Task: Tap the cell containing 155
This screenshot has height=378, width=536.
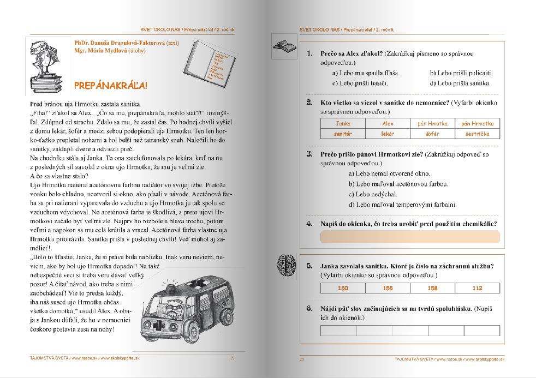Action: (388, 288)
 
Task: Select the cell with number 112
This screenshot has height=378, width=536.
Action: (477, 288)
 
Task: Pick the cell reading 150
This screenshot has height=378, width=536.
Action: (343, 288)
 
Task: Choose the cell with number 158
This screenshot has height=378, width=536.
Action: (432, 288)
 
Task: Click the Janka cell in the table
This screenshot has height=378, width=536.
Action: (343, 124)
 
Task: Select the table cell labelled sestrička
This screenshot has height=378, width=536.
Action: (477, 133)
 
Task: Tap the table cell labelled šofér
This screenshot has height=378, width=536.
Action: (432, 133)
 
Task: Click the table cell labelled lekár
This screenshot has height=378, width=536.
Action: (388, 133)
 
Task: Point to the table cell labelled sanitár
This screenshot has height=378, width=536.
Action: (343, 133)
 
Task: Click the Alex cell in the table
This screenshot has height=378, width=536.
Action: (388, 124)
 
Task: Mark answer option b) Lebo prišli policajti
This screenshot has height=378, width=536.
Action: (461, 73)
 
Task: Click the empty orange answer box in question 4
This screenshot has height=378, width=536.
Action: (409, 237)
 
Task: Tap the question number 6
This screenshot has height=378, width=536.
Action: (309, 309)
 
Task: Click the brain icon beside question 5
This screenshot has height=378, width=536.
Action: (285, 261)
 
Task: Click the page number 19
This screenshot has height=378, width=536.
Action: (232, 358)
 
